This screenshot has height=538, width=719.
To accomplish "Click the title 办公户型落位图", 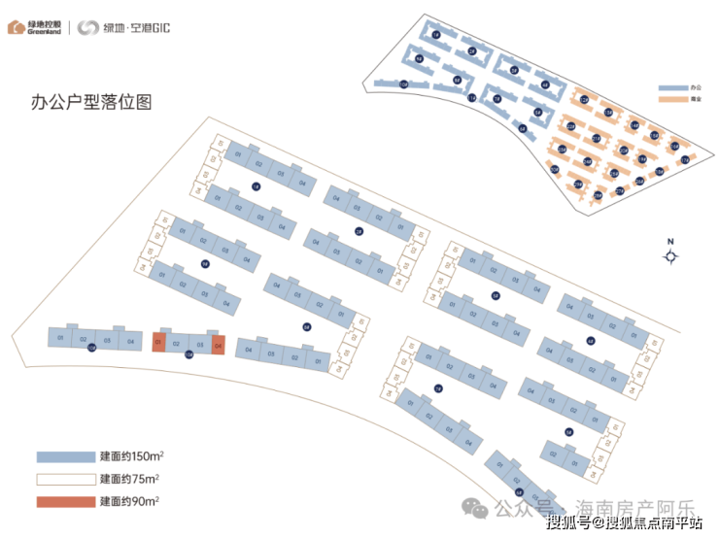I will [x=86, y=102].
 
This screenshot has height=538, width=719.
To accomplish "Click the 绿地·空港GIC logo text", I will [x=124, y=27].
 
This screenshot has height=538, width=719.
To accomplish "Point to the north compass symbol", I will [x=670, y=256].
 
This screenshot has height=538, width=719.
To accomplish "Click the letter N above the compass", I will [x=669, y=241].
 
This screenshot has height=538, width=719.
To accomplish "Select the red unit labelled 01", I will [x=158, y=343].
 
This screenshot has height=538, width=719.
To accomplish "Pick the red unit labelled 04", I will [x=219, y=345].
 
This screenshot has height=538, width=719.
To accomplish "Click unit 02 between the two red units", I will [x=177, y=344].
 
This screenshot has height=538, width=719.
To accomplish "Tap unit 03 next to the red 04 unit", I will [x=199, y=345].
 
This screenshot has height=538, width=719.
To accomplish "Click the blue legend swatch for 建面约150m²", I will [x=64, y=456].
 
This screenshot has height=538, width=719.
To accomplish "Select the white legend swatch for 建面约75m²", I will [x=64, y=479].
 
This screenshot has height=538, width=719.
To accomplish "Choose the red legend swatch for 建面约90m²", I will [x=64, y=502].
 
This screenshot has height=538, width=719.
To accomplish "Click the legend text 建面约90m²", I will [x=129, y=502].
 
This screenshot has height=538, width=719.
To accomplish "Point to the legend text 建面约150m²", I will [x=130, y=456].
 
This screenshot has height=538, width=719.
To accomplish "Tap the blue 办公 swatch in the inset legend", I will [x=672, y=87].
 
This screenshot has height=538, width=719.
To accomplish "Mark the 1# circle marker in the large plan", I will [x=256, y=186].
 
